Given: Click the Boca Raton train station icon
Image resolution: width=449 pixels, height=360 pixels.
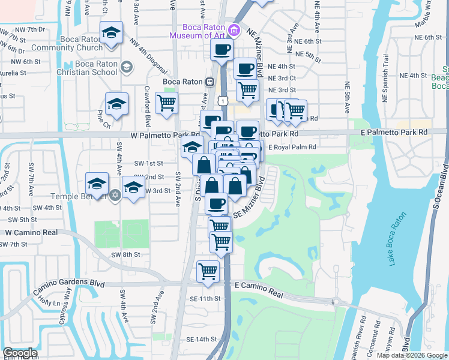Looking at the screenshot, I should coord(210,82).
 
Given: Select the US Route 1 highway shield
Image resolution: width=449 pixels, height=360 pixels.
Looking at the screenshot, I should coord(223,101).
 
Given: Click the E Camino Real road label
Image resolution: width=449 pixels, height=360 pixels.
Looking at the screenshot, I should coord(259,289).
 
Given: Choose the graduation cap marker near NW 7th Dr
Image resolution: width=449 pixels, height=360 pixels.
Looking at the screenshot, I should coord(111,34).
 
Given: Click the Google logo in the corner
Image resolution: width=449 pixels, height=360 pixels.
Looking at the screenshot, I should coord(20,353).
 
